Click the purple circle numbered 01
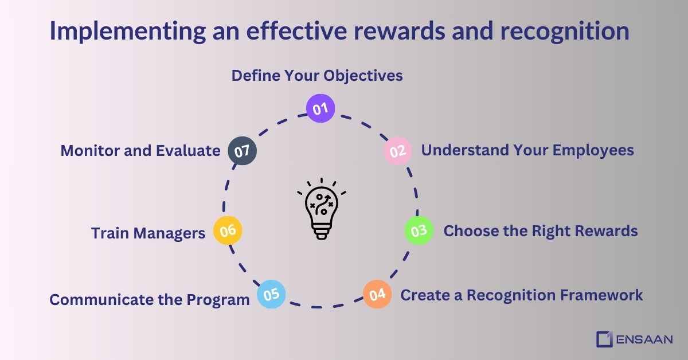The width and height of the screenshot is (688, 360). (x=320, y=108)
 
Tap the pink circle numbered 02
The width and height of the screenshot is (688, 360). (x=397, y=151)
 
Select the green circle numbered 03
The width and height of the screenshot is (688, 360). (x=419, y=230)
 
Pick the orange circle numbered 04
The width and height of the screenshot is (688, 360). (x=377, y=295)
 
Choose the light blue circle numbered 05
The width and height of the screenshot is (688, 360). (x=271, y=294)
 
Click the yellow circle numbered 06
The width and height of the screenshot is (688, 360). (x=228, y=230)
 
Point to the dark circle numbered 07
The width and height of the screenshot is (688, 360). (x=242, y=151)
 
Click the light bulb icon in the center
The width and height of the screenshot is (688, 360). (x=322, y=209)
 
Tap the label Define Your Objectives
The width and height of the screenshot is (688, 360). (x=317, y=76)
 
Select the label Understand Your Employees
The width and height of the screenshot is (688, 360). (x=527, y=150)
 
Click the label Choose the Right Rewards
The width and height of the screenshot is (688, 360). (x=541, y=231)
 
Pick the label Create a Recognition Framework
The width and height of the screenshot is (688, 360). (x=522, y=295)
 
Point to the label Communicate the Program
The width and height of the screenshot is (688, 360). (x=150, y=300)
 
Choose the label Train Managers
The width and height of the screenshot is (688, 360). (x=148, y=233)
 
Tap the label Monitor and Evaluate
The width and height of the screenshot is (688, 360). (x=140, y=151)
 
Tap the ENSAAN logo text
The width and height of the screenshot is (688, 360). (x=644, y=339)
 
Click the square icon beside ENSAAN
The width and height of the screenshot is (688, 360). (x=604, y=339)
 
